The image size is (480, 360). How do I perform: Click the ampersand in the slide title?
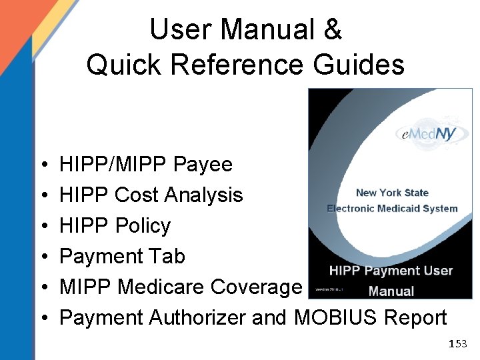coord(332,30)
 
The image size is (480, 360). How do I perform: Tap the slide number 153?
coord(458,344)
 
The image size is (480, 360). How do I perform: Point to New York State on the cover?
coord(392,193)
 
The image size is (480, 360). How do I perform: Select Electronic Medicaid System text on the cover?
coord(392,208)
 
